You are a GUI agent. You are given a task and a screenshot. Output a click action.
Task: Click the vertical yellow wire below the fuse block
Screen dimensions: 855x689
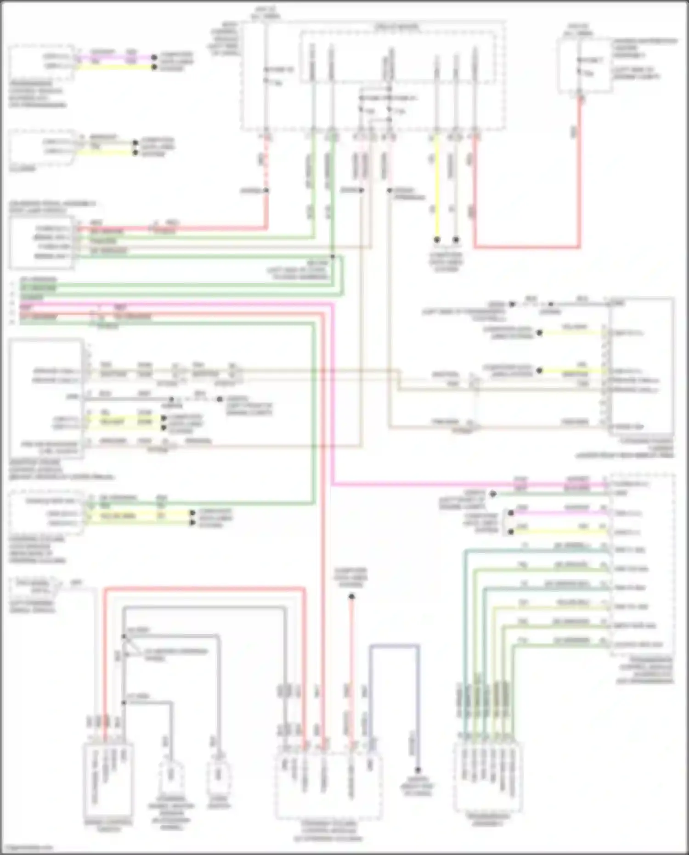pyautogui.click(x=437, y=184)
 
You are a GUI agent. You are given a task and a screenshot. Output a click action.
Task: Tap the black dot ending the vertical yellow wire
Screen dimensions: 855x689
pyautogui.click(x=437, y=240)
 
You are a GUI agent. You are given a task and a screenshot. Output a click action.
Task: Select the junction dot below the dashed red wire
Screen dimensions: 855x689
pyautogui.click(x=266, y=190)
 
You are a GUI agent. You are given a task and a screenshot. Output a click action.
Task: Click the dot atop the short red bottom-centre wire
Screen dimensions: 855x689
pyautogui.click(x=351, y=597)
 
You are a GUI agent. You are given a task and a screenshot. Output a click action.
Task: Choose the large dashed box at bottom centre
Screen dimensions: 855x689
pyautogui.click(x=328, y=786)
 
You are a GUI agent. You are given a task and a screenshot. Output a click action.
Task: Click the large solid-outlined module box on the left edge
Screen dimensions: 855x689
pyautogui.click(x=46, y=398)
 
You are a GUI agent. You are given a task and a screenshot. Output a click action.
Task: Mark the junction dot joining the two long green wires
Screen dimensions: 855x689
pyautogui.click(x=332, y=256)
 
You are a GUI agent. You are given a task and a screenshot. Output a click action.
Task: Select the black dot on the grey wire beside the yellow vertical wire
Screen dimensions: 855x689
pyautogui.click(x=456, y=240)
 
